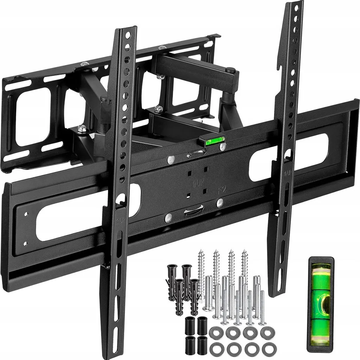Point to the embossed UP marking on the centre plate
coord(192,184)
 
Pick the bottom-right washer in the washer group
coord(269,349)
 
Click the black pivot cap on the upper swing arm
coord(230,70)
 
